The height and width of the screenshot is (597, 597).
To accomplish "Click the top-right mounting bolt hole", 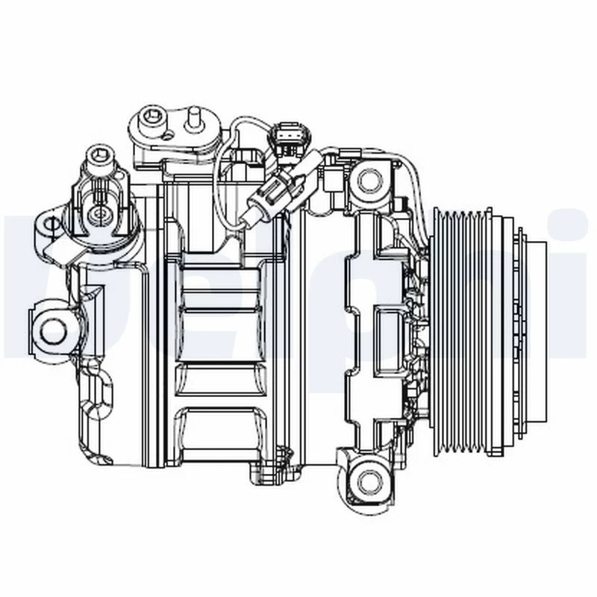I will tap(368, 180).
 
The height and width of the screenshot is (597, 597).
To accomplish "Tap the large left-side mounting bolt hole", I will tap(53, 329).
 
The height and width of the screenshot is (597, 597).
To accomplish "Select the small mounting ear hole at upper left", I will tap(49, 222).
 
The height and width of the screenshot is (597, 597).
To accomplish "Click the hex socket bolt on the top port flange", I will tap(154, 116).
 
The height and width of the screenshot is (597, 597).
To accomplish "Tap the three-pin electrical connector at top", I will tap(290, 137).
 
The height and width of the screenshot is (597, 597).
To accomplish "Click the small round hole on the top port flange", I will tap(169, 134).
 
